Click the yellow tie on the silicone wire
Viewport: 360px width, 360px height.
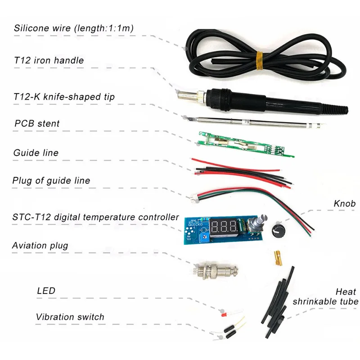coord(260,60)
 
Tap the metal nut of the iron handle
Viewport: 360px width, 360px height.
coord(200,97)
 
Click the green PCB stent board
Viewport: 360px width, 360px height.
coord(246,144)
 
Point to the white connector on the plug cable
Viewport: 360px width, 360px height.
coord(194,199)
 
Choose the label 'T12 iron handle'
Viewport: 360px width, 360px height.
coord(49,60)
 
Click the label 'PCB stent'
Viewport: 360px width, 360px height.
coord(37,123)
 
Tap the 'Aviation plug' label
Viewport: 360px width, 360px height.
coord(40,246)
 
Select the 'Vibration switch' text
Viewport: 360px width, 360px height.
coord(70,317)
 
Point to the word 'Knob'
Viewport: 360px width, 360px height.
coord(345,203)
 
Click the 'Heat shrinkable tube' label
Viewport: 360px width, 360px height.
coord(325,297)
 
